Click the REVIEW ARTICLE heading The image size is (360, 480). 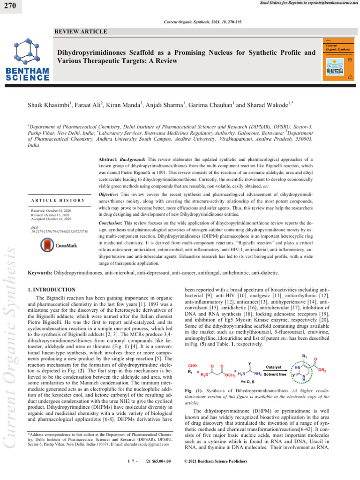pos(81,31)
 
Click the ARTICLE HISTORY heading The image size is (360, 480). pos(58,201)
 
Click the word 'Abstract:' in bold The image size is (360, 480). pos(105,159)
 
